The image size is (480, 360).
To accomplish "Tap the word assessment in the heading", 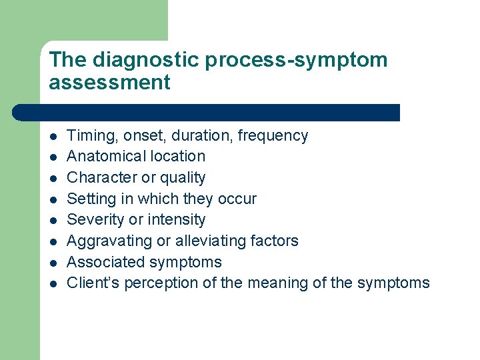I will (109, 83).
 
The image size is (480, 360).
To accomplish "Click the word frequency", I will (273, 136).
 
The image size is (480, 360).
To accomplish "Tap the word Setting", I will (91, 199).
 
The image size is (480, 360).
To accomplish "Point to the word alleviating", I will (203, 241).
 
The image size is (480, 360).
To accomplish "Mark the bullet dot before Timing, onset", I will (53, 137).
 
